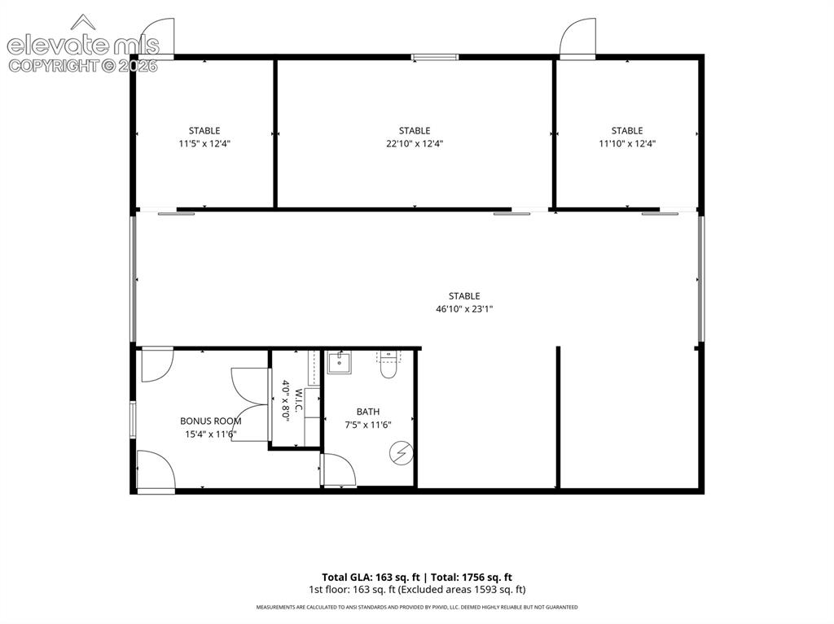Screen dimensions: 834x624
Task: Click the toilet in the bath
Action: [388, 364]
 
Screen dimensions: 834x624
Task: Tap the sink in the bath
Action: [340, 363]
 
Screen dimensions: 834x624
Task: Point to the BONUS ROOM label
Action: [211, 421]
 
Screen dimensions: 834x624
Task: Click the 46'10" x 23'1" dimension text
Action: [464, 309]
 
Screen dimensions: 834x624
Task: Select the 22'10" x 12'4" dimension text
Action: [415, 143]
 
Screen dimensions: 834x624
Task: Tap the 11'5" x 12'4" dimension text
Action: [204, 143]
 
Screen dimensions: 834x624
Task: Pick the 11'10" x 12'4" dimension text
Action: [627, 143]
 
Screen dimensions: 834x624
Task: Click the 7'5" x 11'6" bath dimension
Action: [368, 425]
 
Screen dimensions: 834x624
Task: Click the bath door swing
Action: [339, 469]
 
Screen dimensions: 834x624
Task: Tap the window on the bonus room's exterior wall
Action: [133, 420]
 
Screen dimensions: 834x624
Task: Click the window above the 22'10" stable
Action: [435, 57]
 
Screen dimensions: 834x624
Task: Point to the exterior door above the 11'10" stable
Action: [578, 37]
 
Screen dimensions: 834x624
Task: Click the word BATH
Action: [368, 412]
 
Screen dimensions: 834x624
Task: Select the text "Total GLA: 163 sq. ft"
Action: [371, 578]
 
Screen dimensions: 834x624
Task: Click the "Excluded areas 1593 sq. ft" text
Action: [463, 590]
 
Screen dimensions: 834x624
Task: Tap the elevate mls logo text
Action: [83, 46]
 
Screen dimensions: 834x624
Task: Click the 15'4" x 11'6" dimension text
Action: [211, 434]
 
